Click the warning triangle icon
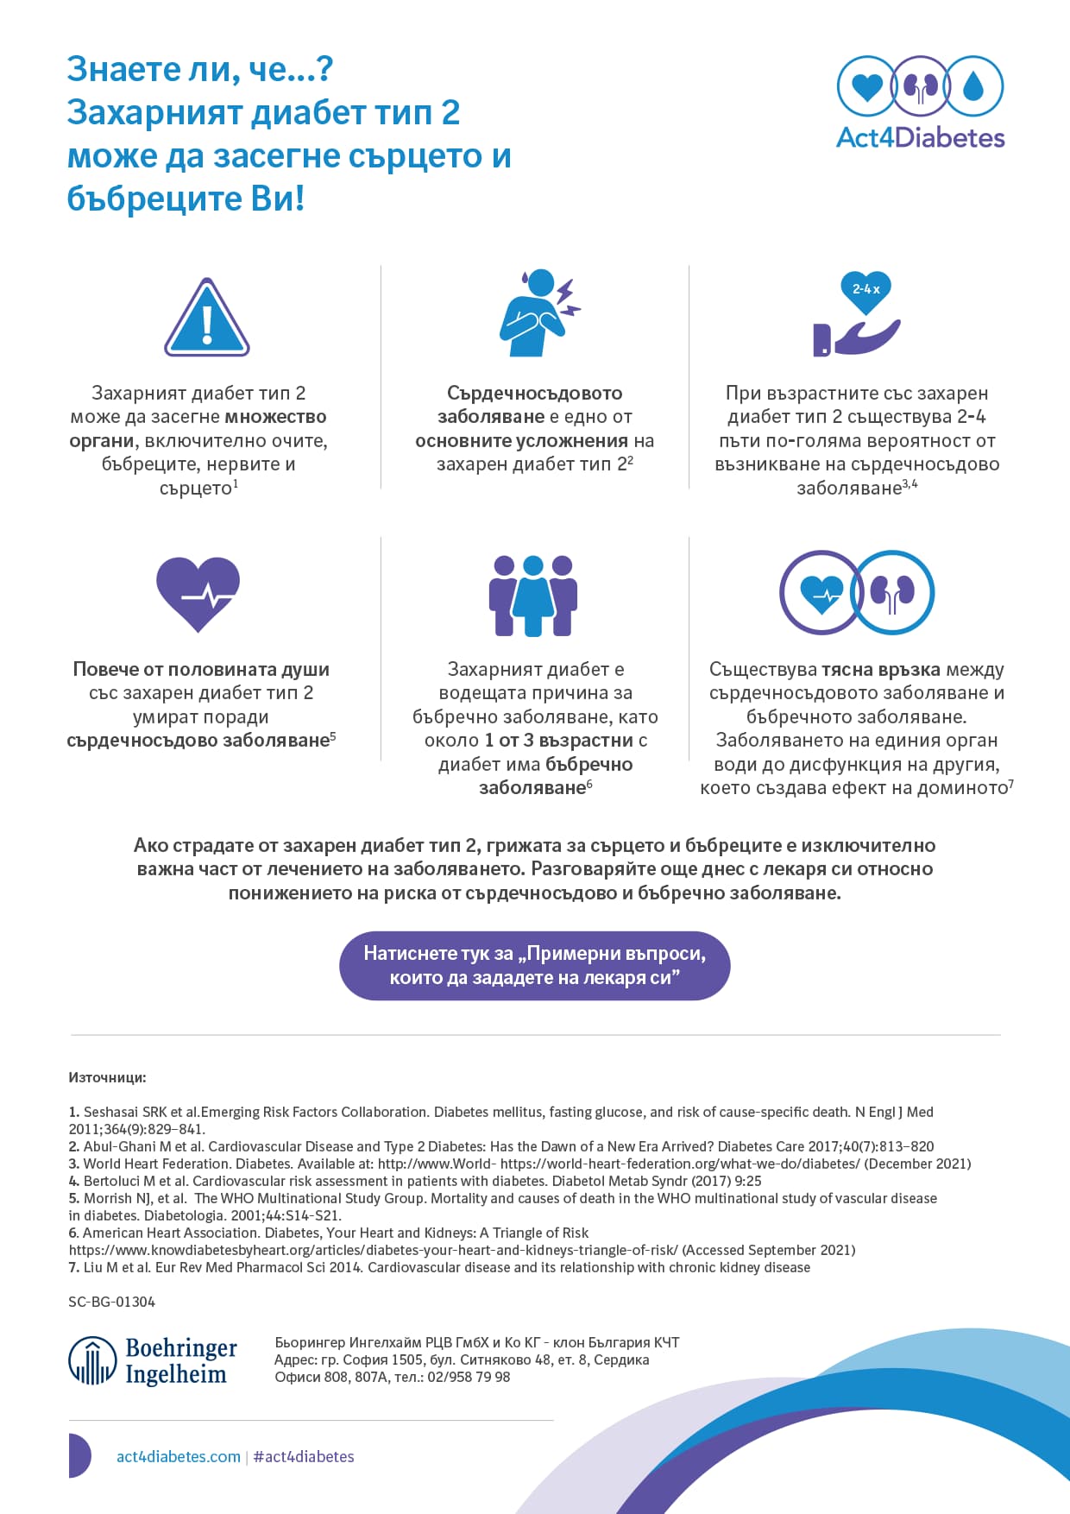(207, 318)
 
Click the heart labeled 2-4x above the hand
(865, 291)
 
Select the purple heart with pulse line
(198, 593)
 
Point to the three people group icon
(533, 596)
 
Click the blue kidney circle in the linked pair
(892, 593)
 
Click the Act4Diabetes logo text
(920, 138)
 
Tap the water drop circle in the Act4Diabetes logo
(973, 86)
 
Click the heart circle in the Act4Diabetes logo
(866, 86)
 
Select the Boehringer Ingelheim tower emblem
(92, 1361)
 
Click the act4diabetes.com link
(179, 1457)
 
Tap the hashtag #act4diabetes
(304, 1457)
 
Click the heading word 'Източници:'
(107, 1077)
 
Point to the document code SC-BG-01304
(112, 1302)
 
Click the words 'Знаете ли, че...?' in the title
(200, 69)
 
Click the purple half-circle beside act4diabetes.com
(79, 1455)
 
